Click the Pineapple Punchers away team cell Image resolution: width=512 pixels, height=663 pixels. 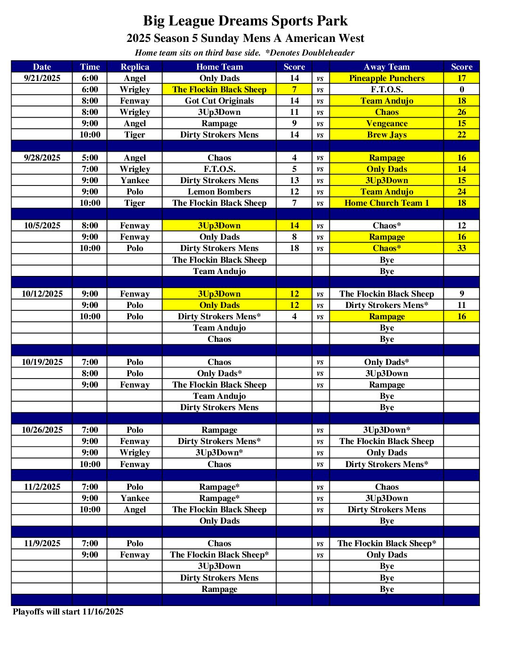point(386,78)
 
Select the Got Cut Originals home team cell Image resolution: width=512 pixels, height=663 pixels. point(219,101)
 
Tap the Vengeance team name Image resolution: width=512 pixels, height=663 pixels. point(386,123)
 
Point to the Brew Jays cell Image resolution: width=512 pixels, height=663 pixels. point(386,135)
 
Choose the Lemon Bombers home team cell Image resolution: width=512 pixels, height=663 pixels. point(219,192)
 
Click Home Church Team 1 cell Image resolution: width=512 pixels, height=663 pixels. point(386,203)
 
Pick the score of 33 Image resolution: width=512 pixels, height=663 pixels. point(461,248)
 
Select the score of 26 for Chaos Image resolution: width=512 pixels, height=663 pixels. point(461,112)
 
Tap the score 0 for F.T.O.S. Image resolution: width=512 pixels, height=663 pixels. point(461,89)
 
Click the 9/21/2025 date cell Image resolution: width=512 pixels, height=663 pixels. point(42,78)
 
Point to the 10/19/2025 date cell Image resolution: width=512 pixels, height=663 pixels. point(42,362)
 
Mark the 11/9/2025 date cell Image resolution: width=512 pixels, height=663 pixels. point(42,543)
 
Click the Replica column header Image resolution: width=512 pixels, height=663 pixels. point(135,67)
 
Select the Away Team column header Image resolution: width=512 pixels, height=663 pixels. point(386,67)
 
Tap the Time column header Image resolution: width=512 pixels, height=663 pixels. point(90,67)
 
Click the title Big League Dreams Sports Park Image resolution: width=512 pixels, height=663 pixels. point(245,21)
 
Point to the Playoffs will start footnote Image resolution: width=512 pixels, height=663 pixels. point(68,612)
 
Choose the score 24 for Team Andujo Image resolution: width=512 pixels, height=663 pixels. point(461,192)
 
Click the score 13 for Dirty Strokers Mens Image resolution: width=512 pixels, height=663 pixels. point(294,180)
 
